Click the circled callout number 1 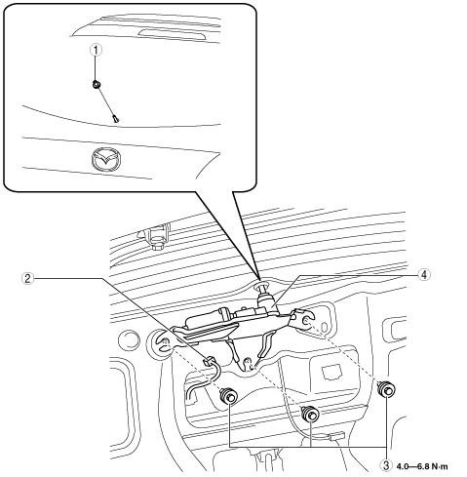click(x=96, y=50)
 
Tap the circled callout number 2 click(x=28, y=278)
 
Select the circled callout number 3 click(x=386, y=465)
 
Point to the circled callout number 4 click(x=424, y=275)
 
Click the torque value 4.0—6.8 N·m click(x=422, y=466)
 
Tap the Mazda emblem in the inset click(x=106, y=159)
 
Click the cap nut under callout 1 click(x=97, y=84)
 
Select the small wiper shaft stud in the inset click(x=116, y=119)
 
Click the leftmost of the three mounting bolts click(x=229, y=395)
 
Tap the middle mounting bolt click(x=310, y=414)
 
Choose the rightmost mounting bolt click(x=386, y=389)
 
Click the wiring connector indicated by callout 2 click(x=209, y=361)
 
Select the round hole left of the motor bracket click(x=130, y=340)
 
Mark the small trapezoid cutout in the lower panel click(x=331, y=372)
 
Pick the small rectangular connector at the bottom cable click(x=336, y=435)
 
